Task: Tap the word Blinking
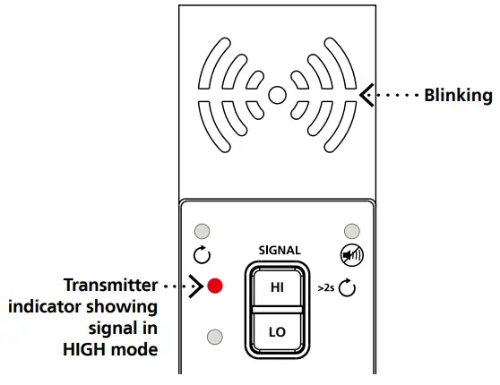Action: pyautogui.click(x=458, y=96)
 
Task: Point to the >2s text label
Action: pyautogui.click(x=327, y=288)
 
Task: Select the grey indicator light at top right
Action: pyautogui.click(x=352, y=231)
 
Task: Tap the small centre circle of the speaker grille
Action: pyautogui.click(x=277, y=93)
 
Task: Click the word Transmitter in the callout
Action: pyautogui.click(x=110, y=286)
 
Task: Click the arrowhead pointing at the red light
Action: pyautogui.click(x=195, y=287)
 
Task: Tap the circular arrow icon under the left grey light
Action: pyautogui.click(x=202, y=255)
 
